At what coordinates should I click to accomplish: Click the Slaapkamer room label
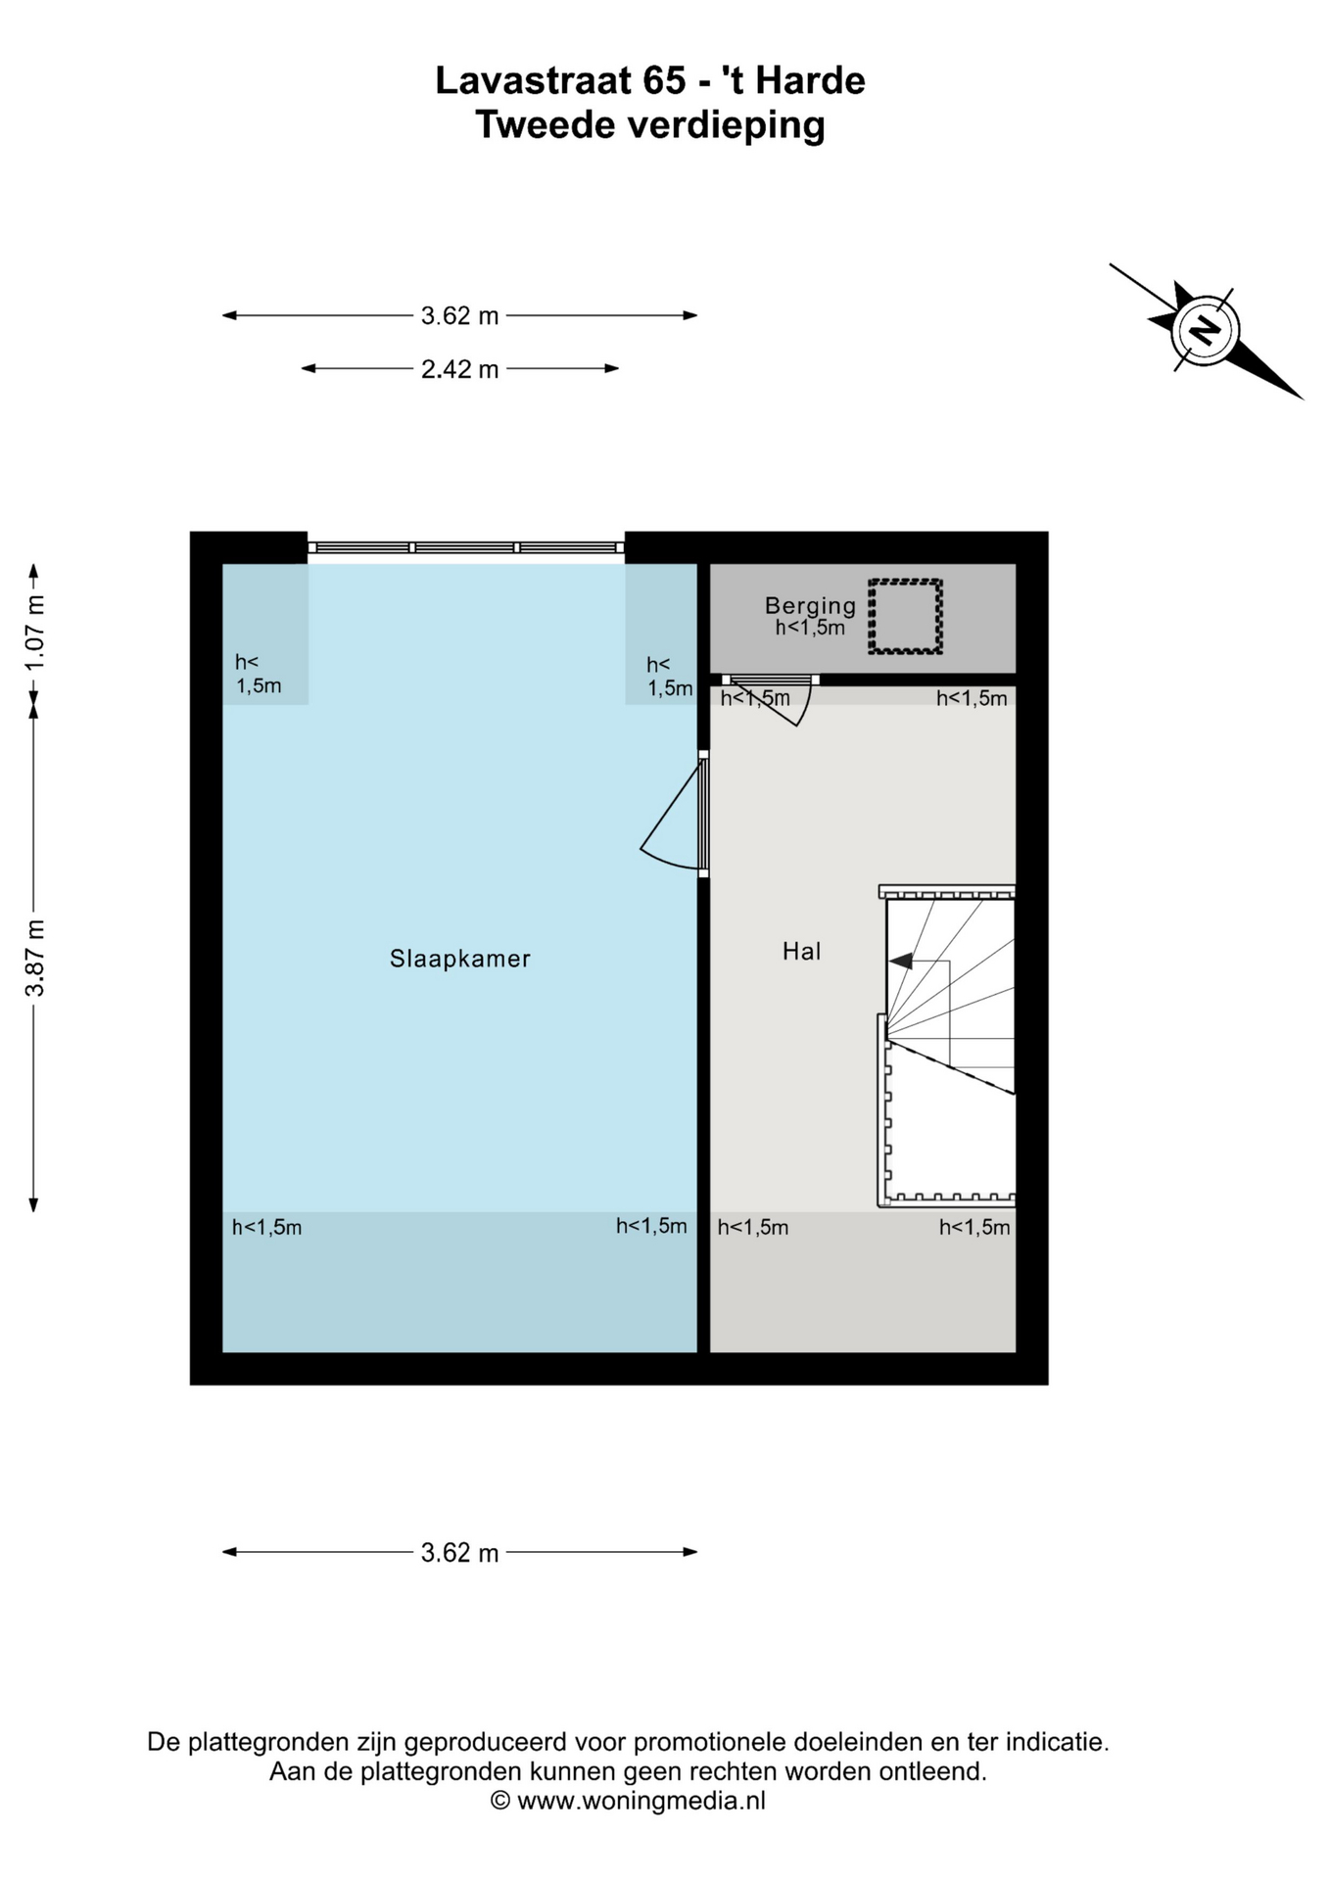tap(460, 959)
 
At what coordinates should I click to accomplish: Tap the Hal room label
tap(801, 951)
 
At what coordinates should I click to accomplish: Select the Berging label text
tap(810, 606)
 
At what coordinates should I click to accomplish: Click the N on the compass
tap(1205, 330)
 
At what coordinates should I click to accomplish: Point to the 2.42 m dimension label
tap(459, 369)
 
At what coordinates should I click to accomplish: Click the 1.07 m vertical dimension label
tap(35, 633)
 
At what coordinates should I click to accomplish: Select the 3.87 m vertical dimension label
tap(35, 958)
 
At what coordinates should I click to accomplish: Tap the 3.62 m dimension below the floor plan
tap(459, 1552)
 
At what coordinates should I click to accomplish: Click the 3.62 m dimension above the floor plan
tap(459, 315)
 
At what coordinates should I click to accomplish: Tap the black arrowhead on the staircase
tap(901, 962)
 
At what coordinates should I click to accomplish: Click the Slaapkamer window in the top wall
tap(466, 547)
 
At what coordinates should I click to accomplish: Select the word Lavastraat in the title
tap(534, 80)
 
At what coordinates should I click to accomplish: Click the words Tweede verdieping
tap(650, 125)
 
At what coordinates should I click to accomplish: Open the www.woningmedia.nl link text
tap(641, 1800)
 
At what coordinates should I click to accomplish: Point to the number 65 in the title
tap(664, 80)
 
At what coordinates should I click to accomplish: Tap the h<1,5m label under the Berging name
tap(810, 629)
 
